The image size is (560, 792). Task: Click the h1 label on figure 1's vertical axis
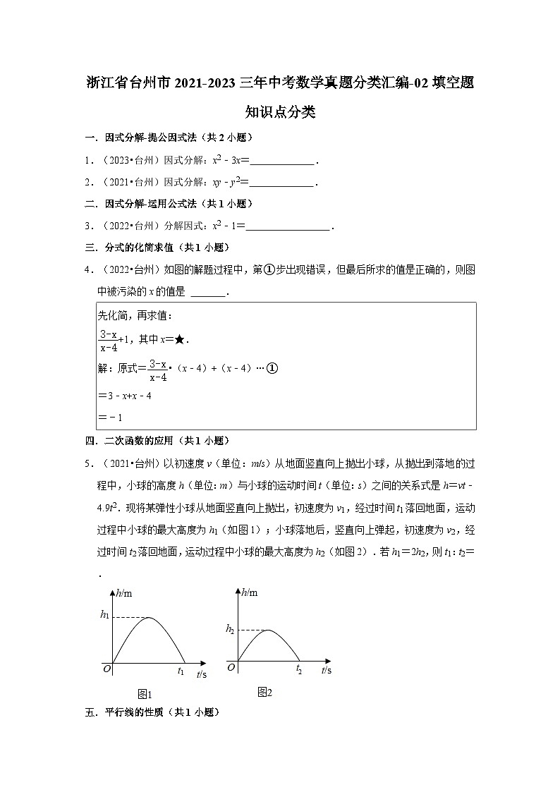pyautogui.click(x=104, y=616)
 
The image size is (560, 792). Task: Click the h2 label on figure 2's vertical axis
pyautogui.click(x=230, y=628)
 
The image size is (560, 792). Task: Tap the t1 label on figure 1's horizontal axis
pyautogui.click(x=181, y=672)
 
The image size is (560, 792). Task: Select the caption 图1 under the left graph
pyautogui.click(x=145, y=694)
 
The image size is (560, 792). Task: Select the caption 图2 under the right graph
pyautogui.click(x=264, y=692)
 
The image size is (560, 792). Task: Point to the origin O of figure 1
pyautogui.click(x=106, y=669)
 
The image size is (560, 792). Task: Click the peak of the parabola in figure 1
pyautogui.click(x=148, y=618)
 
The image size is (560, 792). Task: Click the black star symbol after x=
pyautogui.click(x=180, y=340)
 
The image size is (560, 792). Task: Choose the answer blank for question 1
pyautogui.click(x=283, y=161)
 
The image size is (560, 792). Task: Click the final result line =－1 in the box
pyautogui.click(x=112, y=418)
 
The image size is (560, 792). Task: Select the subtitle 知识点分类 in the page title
pyautogui.click(x=279, y=112)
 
